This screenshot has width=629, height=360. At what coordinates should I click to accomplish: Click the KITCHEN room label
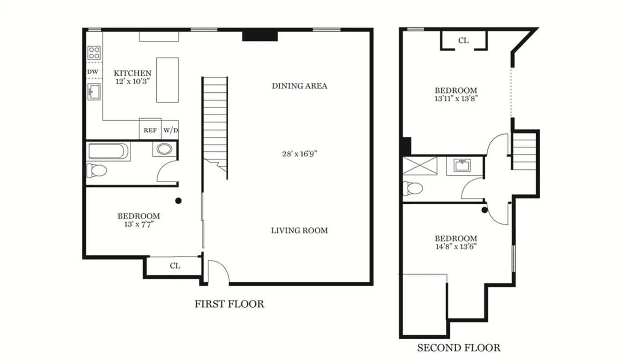132,73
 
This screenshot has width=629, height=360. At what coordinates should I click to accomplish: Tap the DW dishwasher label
92,72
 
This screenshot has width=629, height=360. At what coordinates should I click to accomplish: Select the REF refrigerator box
150,130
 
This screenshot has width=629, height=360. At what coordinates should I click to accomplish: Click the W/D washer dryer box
170,130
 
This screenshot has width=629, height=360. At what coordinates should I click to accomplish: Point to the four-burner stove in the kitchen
94,53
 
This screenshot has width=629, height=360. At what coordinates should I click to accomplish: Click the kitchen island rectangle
167,80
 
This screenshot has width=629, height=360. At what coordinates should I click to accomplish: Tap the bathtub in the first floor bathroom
108,151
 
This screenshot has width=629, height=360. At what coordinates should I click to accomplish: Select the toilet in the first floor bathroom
96,170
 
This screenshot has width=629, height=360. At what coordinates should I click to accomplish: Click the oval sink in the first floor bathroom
164,149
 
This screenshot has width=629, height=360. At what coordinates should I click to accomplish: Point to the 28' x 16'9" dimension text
299,153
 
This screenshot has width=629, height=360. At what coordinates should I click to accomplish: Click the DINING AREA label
299,86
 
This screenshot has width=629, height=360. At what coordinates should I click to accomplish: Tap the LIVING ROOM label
299,230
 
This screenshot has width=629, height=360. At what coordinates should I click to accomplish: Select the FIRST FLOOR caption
229,304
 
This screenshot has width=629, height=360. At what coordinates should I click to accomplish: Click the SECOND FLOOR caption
458,348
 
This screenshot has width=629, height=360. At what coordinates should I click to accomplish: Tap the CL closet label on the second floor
463,40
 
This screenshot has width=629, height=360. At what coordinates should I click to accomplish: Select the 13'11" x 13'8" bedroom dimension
456,99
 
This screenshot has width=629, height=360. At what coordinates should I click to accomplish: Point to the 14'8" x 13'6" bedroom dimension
456,246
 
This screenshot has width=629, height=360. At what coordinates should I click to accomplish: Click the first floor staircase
215,121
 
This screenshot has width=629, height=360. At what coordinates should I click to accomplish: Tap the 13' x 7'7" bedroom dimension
139,224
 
